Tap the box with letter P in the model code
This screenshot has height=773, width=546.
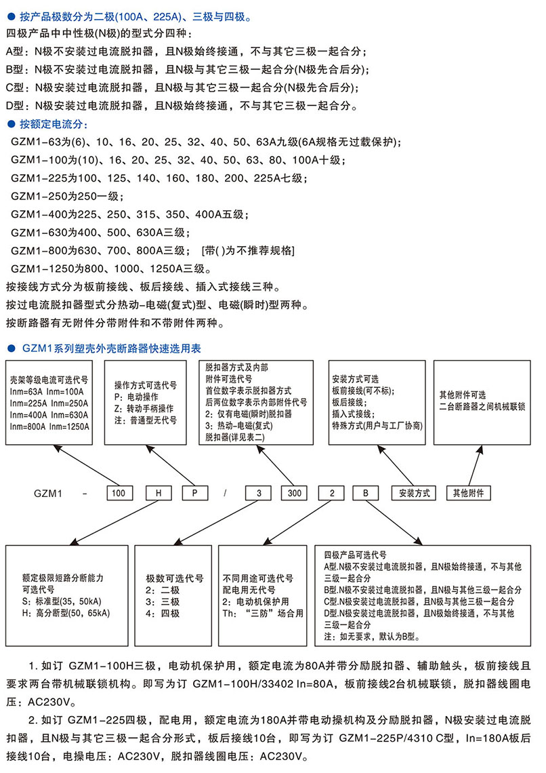(194, 493)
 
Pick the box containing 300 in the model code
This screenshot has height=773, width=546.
(295, 493)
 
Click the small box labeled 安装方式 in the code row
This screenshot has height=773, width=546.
(413, 493)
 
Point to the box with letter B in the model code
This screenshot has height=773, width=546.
(365, 493)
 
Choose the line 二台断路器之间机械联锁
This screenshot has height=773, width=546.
(482, 406)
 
